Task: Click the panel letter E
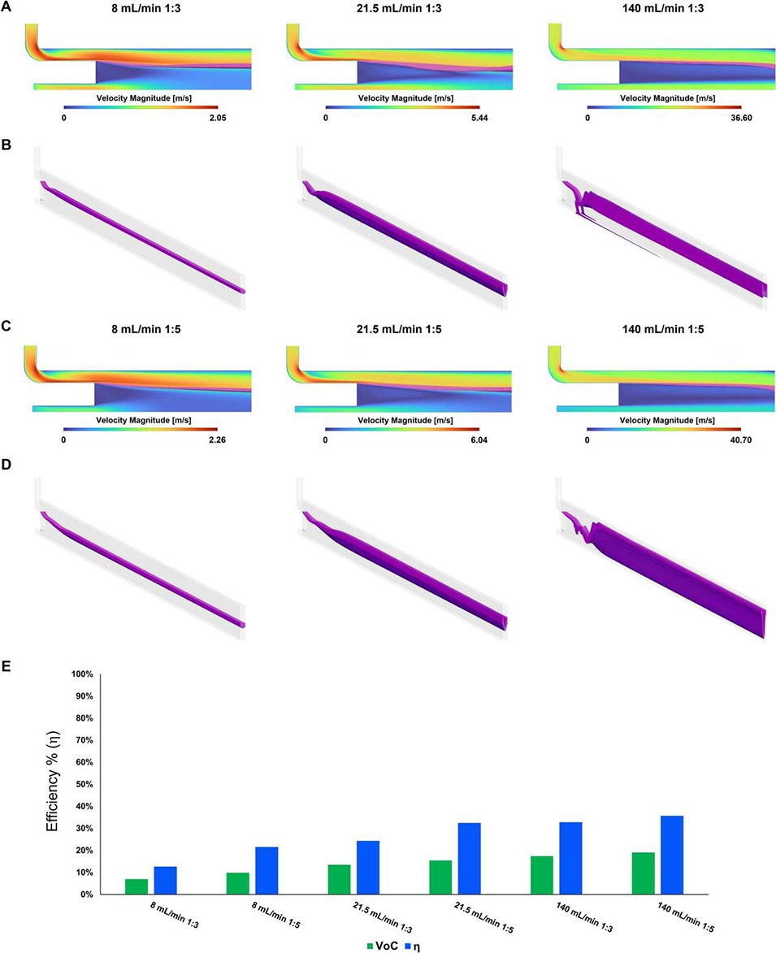coord(7,665)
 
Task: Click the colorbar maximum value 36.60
coord(732,117)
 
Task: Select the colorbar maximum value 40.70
coord(732,442)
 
